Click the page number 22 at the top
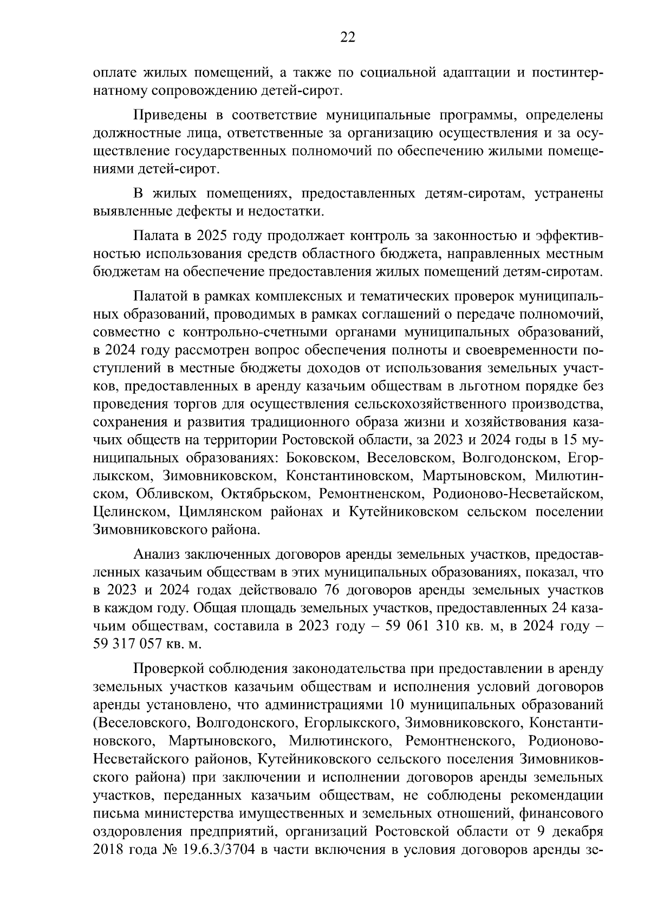click(347, 37)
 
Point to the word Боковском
click(320, 458)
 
